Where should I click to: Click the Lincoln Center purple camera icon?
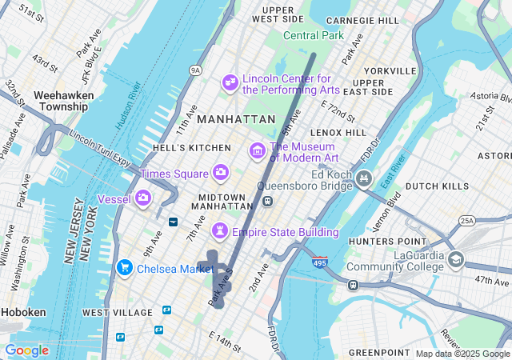click(230, 82)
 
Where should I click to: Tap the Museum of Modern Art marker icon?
click(258, 150)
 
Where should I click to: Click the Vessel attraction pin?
click(143, 198)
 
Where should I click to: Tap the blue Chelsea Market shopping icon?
click(124, 267)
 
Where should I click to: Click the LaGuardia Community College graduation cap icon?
click(456, 259)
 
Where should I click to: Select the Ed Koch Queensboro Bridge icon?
click(366, 177)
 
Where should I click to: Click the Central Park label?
click(314, 35)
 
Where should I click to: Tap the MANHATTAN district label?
click(236, 118)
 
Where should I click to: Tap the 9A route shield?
click(195, 71)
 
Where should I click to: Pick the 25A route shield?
click(466, 220)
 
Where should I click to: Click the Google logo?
click(26, 350)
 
